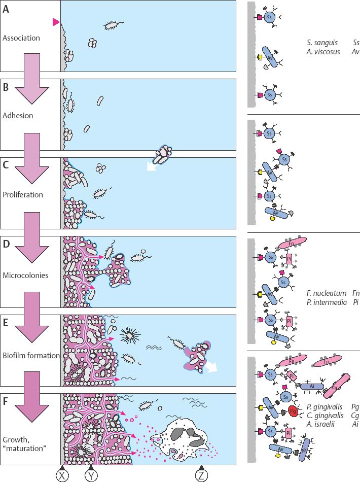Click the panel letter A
(x=6, y=9)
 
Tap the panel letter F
(x=6, y=402)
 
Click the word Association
(x=21, y=38)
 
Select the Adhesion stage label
(x=18, y=116)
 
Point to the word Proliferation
(x=23, y=195)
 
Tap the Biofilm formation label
(x=30, y=356)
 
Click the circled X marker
(x=62, y=474)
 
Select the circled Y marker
(x=91, y=474)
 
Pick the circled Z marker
(x=202, y=474)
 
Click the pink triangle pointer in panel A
(x=56, y=22)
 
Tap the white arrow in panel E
(x=211, y=366)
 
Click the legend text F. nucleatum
(x=326, y=293)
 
